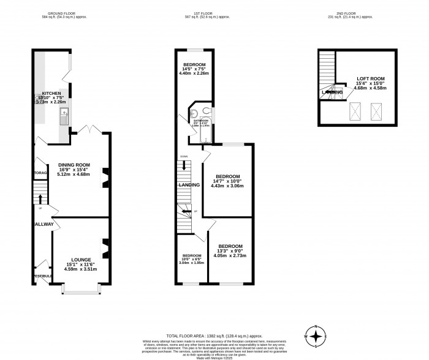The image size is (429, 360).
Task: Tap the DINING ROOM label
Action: (x=74, y=164)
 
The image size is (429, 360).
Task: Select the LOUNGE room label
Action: (x=81, y=259)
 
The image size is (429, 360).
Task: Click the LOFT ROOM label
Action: (x=369, y=78)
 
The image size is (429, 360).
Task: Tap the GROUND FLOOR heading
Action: (x=64, y=13)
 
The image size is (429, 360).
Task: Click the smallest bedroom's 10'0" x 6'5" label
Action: (x=191, y=259)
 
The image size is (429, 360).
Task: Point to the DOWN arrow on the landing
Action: (x=184, y=166)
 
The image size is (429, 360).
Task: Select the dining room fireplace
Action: (x=105, y=178)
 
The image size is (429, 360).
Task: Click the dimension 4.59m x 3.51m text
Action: (x=81, y=269)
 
